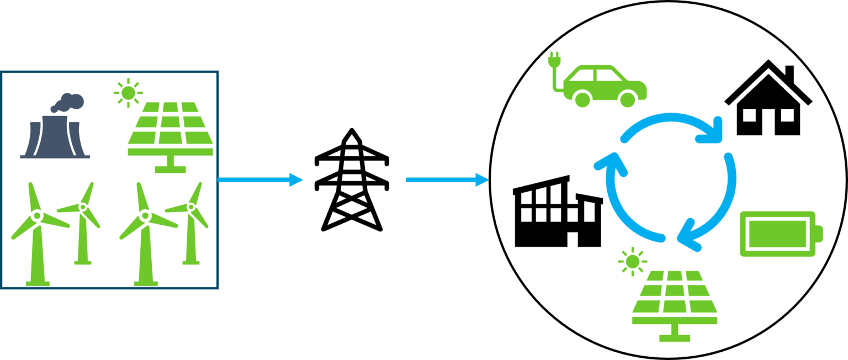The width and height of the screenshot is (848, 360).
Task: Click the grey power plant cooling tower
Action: pyautogui.click(x=55, y=138)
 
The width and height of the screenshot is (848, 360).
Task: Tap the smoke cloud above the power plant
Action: pyautogui.click(x=69, y=103)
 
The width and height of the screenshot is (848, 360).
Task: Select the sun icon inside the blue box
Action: pyautogui.click(x=128, y=92)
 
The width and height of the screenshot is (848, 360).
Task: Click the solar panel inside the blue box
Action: pyautogui.click(x=171, y=130)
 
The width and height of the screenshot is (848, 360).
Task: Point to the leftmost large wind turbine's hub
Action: pyautogui.click(x=37, y=215)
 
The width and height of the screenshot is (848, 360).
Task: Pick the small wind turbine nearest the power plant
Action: pyautogui.click(x=83, y=221)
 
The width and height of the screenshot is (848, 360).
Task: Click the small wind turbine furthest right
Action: pyautogui.click(x=191, y=221)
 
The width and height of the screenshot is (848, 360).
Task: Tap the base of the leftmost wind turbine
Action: pyautogui.click(x=38, y=283)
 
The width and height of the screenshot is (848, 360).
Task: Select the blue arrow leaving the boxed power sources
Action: pyautogui.click(x=259, y=179)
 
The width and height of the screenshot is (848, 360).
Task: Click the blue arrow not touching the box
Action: pyautogui.click(x=447, y=179)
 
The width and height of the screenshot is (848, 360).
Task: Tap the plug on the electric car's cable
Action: pyautogui.click(x=554, y=59)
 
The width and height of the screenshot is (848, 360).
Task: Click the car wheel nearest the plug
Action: pyautogui.click(x=582, y=99)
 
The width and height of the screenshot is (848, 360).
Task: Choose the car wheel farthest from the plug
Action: pyautogui.click(x=628, y=99)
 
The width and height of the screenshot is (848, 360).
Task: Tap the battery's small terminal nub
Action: pyautogui.click(x=820, y=234)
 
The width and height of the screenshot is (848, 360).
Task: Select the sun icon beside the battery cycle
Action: pyautogui.click(x=633, y=261)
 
